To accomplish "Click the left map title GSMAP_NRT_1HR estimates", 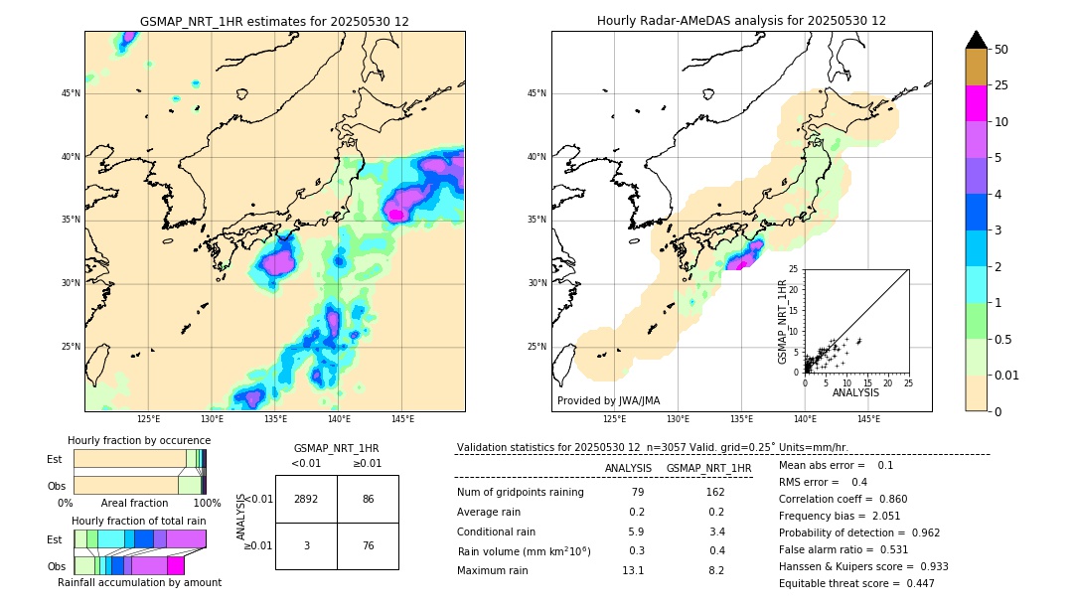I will click(274, 21).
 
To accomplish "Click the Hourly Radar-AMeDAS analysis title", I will click(741, 21).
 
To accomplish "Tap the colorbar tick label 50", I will click(1001, 50).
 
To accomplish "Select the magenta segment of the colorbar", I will click(976, 103).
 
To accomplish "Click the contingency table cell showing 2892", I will click(306, 499).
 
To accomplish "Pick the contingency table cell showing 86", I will click(368, 499).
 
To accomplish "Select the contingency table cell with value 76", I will click(368, 545).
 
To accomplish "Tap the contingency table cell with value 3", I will click(306, 545).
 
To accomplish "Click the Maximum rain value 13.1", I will click(633, 570).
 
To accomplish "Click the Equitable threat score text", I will click(856, 583).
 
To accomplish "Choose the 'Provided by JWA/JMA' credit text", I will click(608, 400).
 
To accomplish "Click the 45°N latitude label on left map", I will click(71, 93).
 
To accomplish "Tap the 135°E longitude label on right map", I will click(741, 419).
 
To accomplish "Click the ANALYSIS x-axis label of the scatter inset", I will click(855, 392).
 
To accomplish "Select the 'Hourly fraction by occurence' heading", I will click(139, 440).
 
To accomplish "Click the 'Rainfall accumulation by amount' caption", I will click(139, 582).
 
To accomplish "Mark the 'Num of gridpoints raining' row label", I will click(520, 492).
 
